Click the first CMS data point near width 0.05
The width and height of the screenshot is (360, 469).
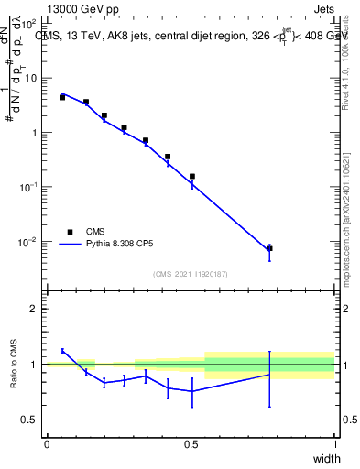click(x=62, y=96)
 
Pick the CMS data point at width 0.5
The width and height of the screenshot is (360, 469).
click(x=192, y=176)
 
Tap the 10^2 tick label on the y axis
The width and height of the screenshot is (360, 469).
click(x=29, y=23)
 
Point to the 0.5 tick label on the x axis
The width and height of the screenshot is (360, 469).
click(x=191, y=443)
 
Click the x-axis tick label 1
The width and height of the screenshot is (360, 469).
click(x=335, y=443)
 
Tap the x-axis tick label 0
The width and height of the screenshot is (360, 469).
click(x=47, y=443)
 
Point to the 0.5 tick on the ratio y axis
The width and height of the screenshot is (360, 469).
click(x=30, y=420)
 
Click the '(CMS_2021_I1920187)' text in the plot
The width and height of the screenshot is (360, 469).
click(x=190, y=274)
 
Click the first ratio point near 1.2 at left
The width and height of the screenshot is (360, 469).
click(x=62, y=351)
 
